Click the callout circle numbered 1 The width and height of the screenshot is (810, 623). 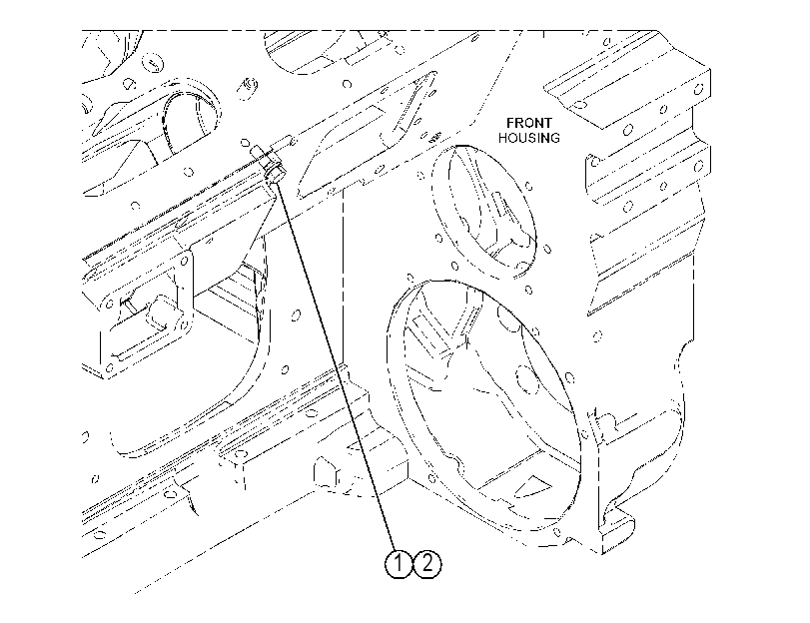coord(399,563)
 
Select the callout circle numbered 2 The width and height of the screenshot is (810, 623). coord(427,563)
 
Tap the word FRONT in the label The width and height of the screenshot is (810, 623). coord(529,123)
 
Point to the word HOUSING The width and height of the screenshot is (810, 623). coord(529,138)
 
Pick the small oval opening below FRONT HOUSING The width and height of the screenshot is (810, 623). coord(483,212)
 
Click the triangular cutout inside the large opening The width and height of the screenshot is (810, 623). coord(532,484)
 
